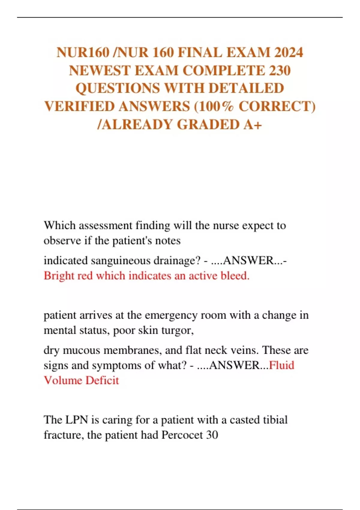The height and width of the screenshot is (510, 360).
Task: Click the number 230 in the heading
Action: [280, 71]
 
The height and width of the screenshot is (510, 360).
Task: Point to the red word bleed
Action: [235, 276]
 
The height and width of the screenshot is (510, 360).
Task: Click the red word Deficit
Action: [102, 380]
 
